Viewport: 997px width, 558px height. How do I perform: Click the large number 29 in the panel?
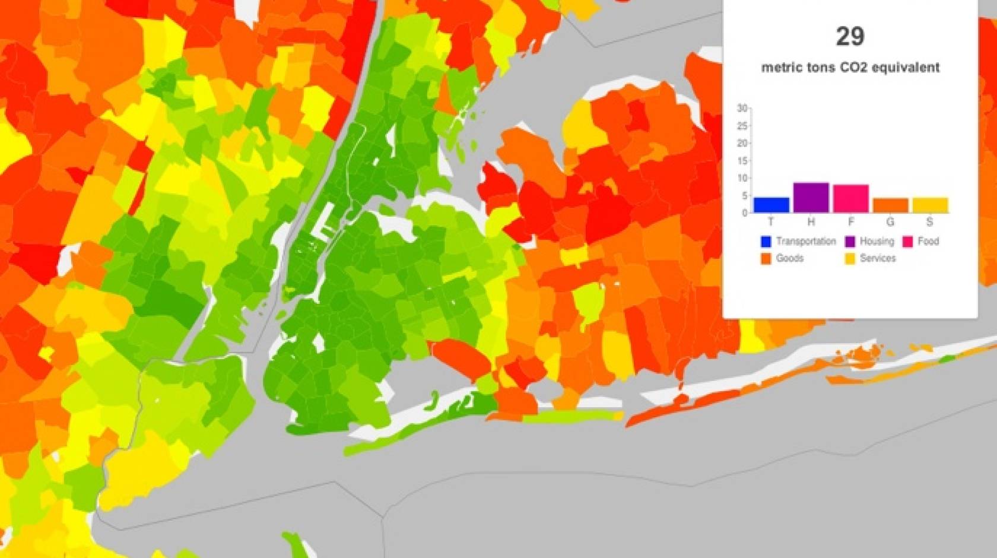pyautogui.click(x=850, y=37)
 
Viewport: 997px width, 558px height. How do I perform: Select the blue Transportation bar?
pyautogui.click(x=771, y=205)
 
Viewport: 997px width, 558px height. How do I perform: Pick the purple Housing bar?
pyautogui.click(x=811, y=198)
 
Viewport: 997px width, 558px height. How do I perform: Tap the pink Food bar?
pyautogui.click(x=850, y=199)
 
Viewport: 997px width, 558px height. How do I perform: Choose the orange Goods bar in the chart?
pyautogui.click(x=890, y=205)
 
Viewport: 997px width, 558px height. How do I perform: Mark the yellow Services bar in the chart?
pyautogui.click(x=930, y=205)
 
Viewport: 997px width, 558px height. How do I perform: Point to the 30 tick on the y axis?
pyautogui.click(x=742, y=108)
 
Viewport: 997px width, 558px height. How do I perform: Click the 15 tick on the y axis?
pyautogui.click(x=742, y=161)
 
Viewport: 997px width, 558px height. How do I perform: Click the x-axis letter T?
pyautogui.click(x=771, y=222)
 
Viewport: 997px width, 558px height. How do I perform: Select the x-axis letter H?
pyautogui.click(x=811, y=222)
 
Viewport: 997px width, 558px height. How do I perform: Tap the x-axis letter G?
pyautogui.click(x=890, y=222)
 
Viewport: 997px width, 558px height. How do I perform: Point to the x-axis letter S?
pyautogui.click(x=930, y=222)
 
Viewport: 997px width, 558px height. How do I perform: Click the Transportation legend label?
pyautogui.click(x=805, y=241)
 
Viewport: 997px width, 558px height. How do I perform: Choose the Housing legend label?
pyautogui.click(x=877, y=241)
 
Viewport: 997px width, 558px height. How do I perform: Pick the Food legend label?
pyautogui.click(x=928, y=241)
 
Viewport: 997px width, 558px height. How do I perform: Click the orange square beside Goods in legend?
pyautogui.click(x=766, y=259)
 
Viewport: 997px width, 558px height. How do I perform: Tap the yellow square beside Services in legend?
pyautogui.click(x=850, y=259)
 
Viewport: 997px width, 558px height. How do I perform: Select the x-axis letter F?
pyautogui.click(x=850, y=222)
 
